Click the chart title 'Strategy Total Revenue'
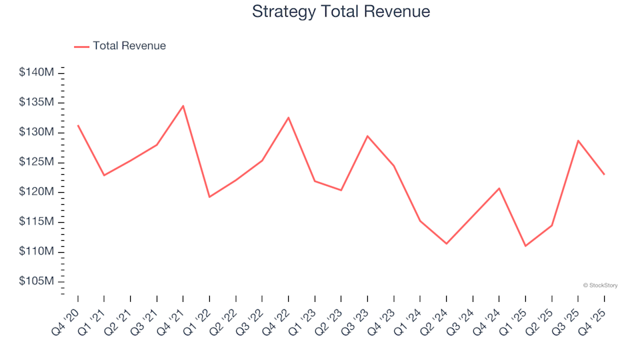click(341, 11)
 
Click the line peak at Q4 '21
click(183, 105)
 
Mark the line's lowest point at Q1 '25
click(525, 246)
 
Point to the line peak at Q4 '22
click(288, 117)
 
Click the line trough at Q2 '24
click(446, 243)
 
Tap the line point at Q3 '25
click(578, 140)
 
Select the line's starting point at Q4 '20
click(77, 125)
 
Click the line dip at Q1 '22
click(209, 197)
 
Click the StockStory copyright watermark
click(600, 285)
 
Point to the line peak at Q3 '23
click(367, 136)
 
